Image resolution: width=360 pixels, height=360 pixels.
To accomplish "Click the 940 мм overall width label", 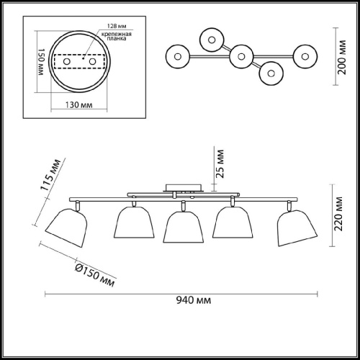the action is tap(194, 300).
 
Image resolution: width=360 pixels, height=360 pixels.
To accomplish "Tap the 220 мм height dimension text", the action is tap(338, 214).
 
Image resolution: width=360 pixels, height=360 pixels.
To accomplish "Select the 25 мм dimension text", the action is tap(220, 164).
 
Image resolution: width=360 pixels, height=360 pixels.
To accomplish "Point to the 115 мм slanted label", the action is tap(50, 175).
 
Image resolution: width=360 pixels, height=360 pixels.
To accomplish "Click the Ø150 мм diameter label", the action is tap(95, 275).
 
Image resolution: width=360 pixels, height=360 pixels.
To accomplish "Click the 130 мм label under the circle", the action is tap(78, 105).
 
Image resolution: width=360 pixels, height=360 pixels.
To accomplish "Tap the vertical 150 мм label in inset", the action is tap(41, 62).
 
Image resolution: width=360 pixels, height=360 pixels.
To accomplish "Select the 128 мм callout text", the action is tap(117, 26).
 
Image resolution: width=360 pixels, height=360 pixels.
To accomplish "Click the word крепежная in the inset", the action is tap(117, 34).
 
